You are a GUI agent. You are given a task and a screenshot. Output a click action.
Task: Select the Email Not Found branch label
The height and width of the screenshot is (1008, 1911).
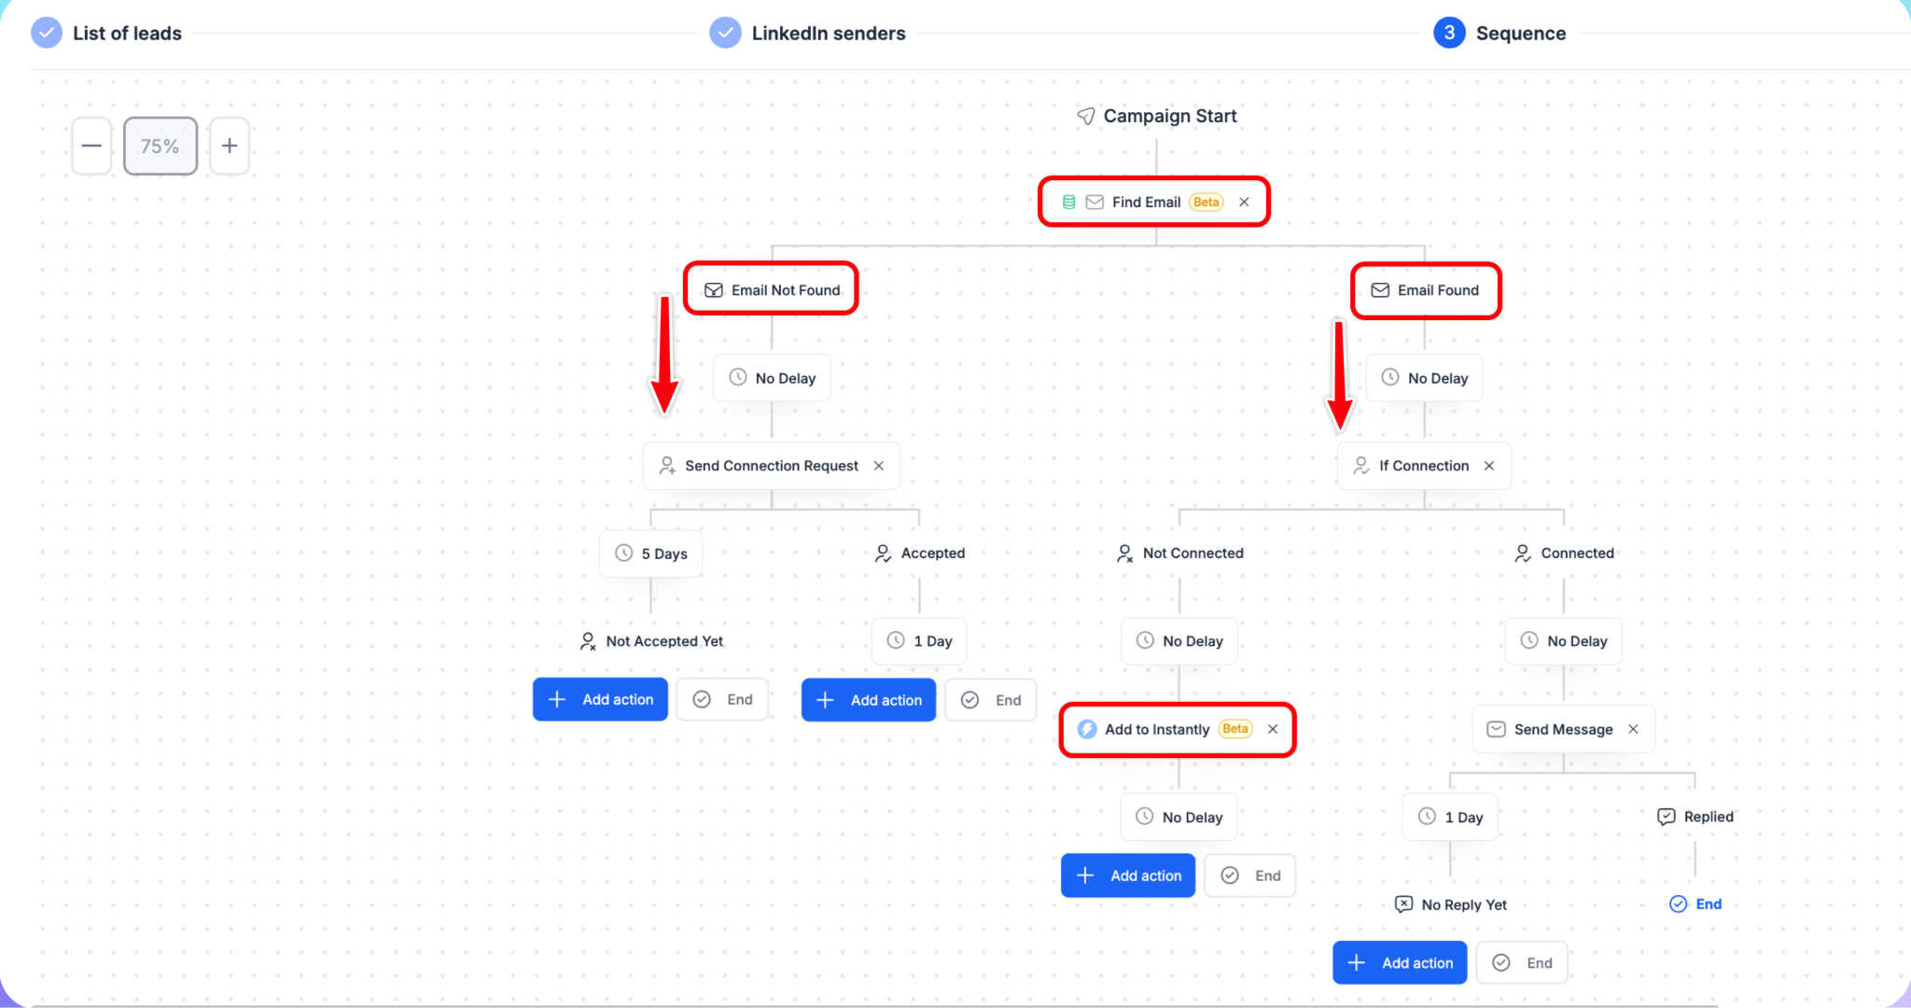point(772,290)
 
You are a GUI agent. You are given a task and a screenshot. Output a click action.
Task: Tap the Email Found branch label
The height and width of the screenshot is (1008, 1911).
point(1425,290)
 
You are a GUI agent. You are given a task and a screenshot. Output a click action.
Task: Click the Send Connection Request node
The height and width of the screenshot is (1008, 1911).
point(772,466)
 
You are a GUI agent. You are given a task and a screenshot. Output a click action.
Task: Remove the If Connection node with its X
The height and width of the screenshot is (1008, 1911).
point(1489,466)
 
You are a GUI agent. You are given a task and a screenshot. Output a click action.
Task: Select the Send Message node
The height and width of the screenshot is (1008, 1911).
point(1564,729)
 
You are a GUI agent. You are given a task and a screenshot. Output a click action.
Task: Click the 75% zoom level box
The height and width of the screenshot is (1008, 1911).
point(160,146)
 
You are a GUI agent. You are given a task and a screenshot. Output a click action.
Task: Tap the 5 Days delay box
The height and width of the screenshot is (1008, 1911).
point(650,553)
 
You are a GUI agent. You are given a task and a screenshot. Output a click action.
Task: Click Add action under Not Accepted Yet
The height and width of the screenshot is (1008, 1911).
point(600,699)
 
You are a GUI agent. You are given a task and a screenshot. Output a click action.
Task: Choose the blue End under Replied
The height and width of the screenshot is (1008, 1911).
point(1695,903)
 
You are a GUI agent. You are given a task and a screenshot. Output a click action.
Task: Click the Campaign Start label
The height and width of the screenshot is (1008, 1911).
point(1157,116)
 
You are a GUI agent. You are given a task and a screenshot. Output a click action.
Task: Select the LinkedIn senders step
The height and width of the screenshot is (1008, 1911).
point(808,34)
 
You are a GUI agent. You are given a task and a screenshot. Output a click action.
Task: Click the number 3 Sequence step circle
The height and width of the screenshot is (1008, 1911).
point(1449,33)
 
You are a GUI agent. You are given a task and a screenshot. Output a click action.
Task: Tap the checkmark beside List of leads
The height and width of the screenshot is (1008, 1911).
point(47,33)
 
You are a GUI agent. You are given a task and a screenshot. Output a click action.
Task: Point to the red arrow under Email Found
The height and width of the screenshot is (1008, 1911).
point(1340,375)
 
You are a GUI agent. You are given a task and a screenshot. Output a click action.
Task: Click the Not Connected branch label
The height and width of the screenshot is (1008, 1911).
point(1180,553)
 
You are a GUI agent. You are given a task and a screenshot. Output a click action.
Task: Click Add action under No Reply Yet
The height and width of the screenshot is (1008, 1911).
point(1400,962)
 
